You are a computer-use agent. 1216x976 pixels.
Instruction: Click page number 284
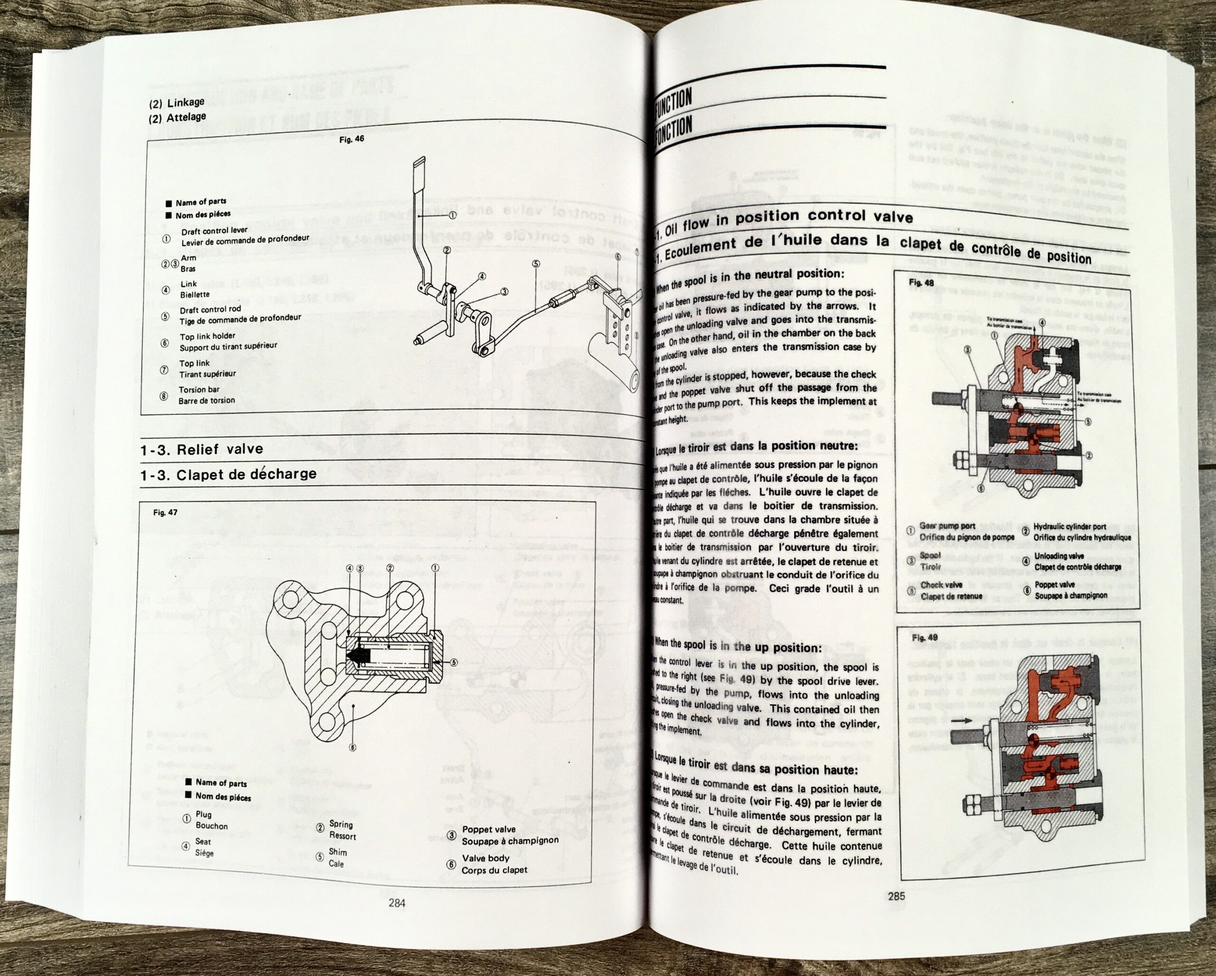397,903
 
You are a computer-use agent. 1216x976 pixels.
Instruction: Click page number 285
896,896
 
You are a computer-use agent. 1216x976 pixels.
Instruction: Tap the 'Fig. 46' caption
351,139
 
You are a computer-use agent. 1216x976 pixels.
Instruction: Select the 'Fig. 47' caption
165,512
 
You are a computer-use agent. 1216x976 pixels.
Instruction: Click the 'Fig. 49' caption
924,638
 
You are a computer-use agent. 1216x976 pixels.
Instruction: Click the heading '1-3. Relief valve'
201,449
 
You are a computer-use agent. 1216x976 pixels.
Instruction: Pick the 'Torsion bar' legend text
199,389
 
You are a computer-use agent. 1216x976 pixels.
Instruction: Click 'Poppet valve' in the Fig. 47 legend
488,829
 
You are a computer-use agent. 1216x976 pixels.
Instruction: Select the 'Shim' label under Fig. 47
338,852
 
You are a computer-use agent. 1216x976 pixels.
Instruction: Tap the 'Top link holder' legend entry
207,336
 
